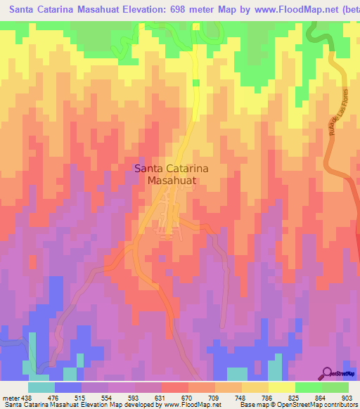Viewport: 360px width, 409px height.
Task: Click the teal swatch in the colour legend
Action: pyautogui.click(x=41, y=387)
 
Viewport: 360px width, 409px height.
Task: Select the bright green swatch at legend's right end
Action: pyautogui.click(x=335, y=387)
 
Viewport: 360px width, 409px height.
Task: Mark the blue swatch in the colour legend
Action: pyautogui.click(x=68, y=387)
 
